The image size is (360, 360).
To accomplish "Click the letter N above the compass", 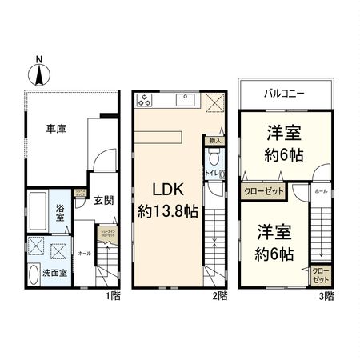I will coord(38,58).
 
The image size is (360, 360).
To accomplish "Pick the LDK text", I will coord(169,190).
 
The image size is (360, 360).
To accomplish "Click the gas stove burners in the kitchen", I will coord(145,100).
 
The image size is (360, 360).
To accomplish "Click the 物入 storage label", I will coord(215,140).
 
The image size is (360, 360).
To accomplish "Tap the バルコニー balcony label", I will coord(284,94).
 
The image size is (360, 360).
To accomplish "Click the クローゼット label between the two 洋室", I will coord(262,191).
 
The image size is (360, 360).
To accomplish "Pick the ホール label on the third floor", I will coord(319,193).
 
